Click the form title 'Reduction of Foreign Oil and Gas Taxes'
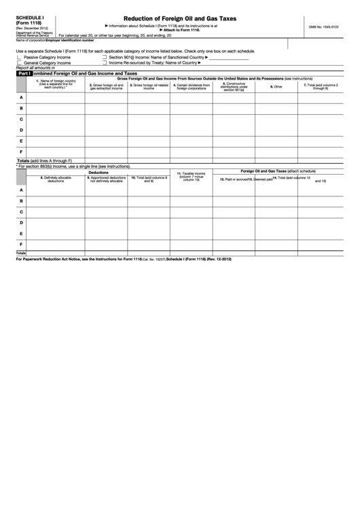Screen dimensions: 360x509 pos(179,19)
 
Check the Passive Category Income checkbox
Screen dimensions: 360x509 pos(18,58)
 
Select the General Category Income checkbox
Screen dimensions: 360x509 pos(18,63)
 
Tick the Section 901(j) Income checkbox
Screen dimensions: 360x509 pos(104,58)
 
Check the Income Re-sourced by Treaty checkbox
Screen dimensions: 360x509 pos(104,63)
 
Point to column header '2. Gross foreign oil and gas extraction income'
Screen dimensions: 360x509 pos(106,86)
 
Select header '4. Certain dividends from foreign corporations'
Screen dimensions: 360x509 pos(191,86)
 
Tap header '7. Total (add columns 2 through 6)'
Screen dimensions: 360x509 pos(316,86)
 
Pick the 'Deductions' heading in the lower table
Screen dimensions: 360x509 pos(106,172)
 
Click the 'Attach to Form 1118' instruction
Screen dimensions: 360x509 pos(179,31)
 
